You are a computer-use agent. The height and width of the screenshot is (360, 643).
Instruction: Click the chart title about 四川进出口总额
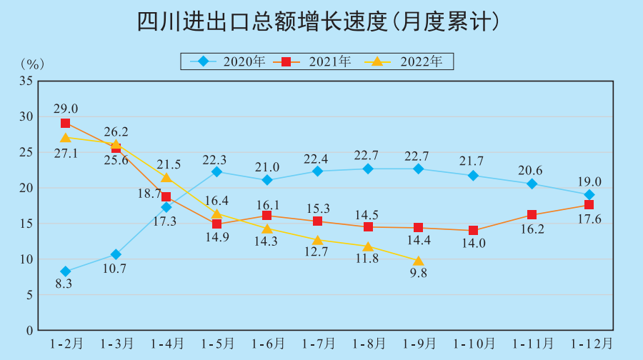point(318,21)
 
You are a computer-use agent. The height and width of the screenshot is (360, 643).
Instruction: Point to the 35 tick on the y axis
point(26,81)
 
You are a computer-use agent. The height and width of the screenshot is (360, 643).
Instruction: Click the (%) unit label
point(32,64)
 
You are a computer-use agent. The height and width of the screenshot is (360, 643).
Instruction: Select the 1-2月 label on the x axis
point(66,344)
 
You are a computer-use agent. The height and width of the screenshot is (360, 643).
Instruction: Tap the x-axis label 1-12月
point(589,344)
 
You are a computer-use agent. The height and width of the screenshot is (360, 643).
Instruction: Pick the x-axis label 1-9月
point(419,344)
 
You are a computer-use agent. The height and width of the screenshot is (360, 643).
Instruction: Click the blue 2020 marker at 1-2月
point(66,271)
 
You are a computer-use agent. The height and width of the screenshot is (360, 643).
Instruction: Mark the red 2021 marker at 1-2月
point(66,124)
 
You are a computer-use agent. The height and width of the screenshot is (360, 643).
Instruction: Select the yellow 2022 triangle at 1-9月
point(419,261)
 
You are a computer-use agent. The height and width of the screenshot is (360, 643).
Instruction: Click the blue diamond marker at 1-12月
point(589,195)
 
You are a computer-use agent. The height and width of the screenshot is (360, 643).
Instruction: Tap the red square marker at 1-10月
point(473,231)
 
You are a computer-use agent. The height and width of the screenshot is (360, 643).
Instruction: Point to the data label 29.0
point(66,109)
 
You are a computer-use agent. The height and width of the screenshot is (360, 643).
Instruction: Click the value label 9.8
point(419,274)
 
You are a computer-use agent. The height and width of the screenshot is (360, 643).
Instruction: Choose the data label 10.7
point(115,269)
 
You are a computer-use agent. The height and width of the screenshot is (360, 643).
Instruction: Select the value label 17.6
point(589,221)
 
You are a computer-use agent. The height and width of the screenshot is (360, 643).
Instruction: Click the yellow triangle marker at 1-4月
point(166,178)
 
